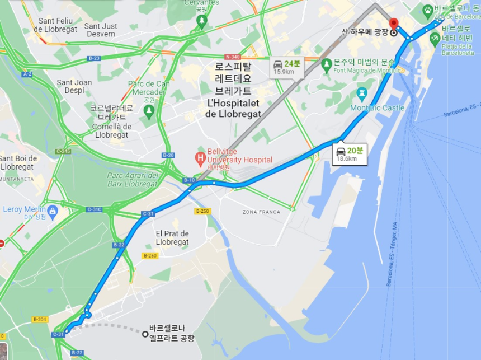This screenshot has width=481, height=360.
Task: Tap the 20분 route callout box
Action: click(350, 154)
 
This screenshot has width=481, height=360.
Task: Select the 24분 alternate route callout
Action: click(286, 67)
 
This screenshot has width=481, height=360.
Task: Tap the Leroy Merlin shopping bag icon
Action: click(53, 211)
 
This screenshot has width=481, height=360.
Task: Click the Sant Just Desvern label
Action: click(101, 30)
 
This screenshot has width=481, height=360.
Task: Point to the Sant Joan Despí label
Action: click(74, 86)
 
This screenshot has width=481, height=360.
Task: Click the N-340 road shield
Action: click(233, 57)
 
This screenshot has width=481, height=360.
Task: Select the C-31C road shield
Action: click(95, 209)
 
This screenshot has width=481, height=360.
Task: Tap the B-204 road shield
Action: click(40, 320)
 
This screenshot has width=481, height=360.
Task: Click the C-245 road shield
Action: click(63, 151)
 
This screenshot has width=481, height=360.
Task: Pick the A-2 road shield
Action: click(27, 74)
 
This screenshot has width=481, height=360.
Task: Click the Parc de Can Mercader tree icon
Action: click(149, 110)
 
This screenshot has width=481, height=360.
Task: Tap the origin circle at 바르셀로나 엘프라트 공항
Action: click(145, 334)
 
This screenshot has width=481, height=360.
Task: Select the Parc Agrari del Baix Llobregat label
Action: click(124, 180)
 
